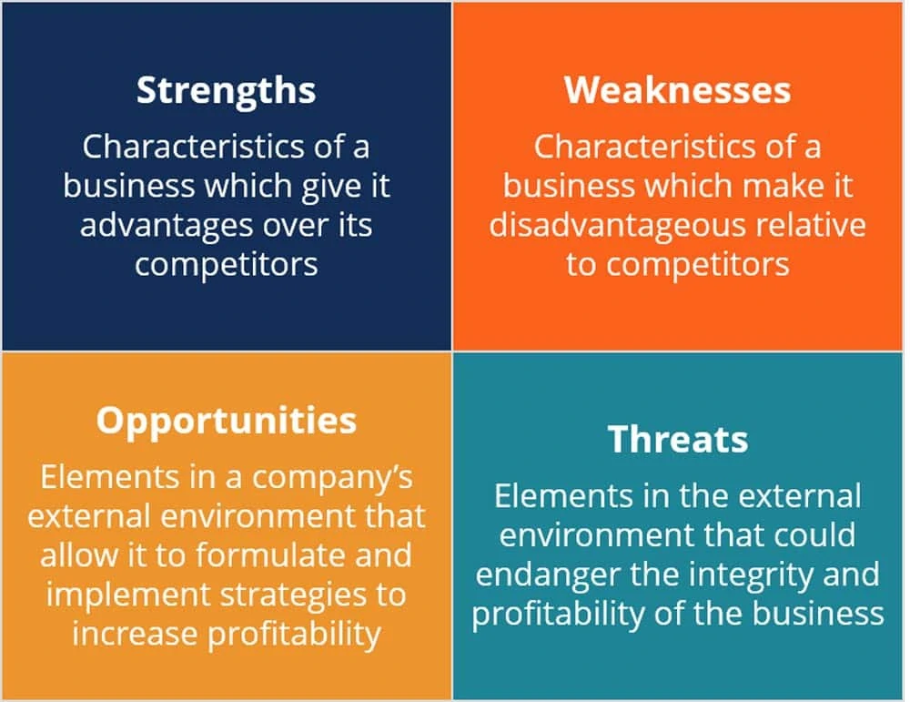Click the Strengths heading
tap(227, 91)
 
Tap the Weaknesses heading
tap(677, 90)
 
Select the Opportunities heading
tap(227, 422)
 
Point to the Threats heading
tap(678, 439)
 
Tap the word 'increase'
tap(135, 634)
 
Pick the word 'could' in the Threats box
tap(815, 535)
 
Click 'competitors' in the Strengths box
tap(227, 265)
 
